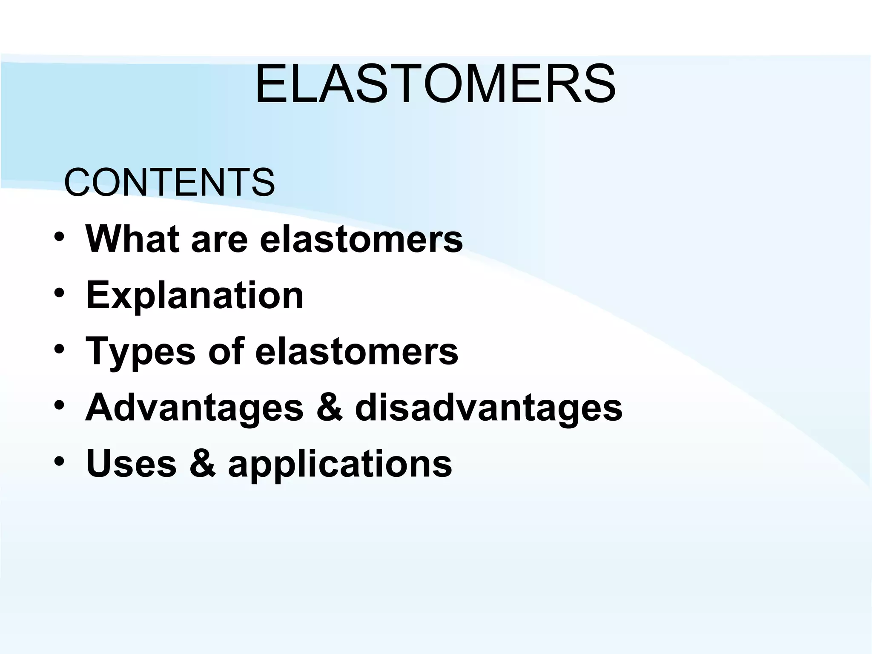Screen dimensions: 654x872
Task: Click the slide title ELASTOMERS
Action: click(435, 84)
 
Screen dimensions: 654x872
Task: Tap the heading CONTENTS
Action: click(169, 182)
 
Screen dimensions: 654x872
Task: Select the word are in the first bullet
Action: click(219, 239)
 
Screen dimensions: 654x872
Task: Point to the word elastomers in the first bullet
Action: click(361, 239)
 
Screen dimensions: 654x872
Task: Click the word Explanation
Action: click(195, 295)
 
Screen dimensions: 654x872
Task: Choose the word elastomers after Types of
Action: click(357, 352)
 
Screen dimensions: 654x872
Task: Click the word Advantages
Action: click(195, 408)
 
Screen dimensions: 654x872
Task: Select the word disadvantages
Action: click(488, 408)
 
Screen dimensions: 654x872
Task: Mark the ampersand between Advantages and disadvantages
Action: click(329, 408)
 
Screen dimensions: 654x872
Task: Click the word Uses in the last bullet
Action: click(131, 463)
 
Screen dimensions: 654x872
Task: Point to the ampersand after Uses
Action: click(202, 463)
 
